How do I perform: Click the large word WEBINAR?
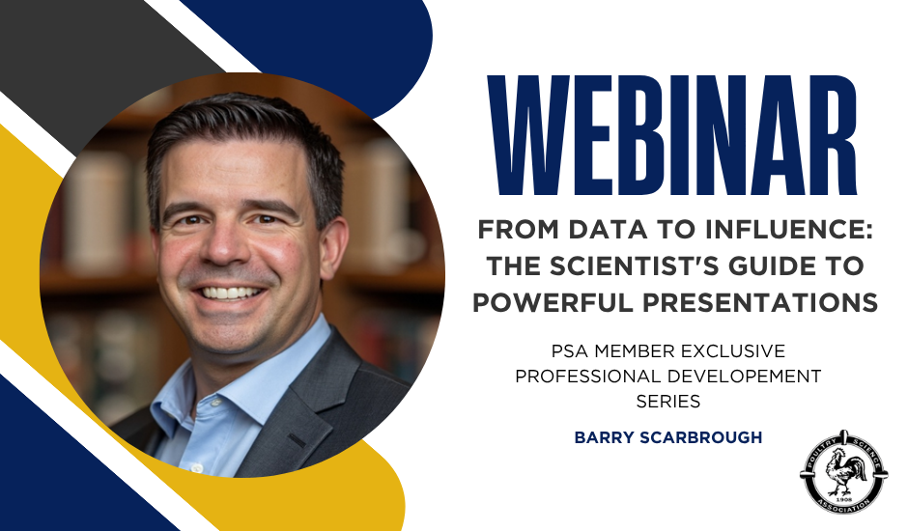pyautogui.click(x=671, y=135)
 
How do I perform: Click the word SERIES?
pyautogui.click(x=668, y=402)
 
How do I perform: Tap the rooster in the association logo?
pyautogui.click(x=845, y=471)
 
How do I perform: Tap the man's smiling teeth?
pyautogui.click(x=231, y=293)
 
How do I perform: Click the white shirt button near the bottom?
pyautogui.click(x=196, y=466)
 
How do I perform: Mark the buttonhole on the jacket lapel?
pyautogui.click(x=298, y=440)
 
